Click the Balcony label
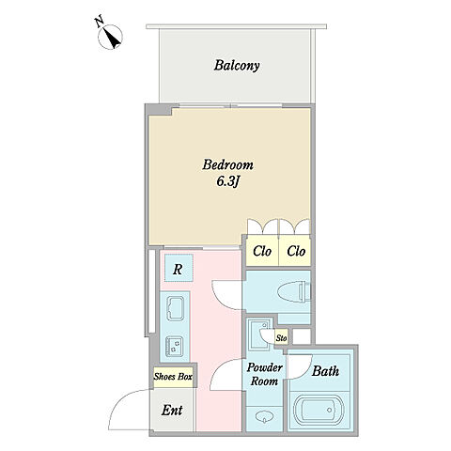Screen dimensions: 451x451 point(237,66)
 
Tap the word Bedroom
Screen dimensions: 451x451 point(227,164)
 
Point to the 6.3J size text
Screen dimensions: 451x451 point(227,181)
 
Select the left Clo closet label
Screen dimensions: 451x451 point(262,251)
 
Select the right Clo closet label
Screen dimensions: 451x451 point(296,251)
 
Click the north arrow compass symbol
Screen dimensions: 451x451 point(110,37)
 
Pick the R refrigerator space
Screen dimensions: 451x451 point(178,269)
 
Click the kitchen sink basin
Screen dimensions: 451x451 point(175,308)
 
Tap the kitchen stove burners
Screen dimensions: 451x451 point(175,347)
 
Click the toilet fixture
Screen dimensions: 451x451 point(294,292)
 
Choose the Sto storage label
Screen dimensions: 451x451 point(281,338)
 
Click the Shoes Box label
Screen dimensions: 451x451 point(173,377)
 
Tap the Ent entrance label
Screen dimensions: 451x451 point(172,411)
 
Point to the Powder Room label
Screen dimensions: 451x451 point(264,374)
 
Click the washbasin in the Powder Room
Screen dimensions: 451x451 point(264,416)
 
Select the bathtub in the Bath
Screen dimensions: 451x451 point(319,410)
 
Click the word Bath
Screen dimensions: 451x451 point(325,371)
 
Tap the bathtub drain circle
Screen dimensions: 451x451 point(329,410)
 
